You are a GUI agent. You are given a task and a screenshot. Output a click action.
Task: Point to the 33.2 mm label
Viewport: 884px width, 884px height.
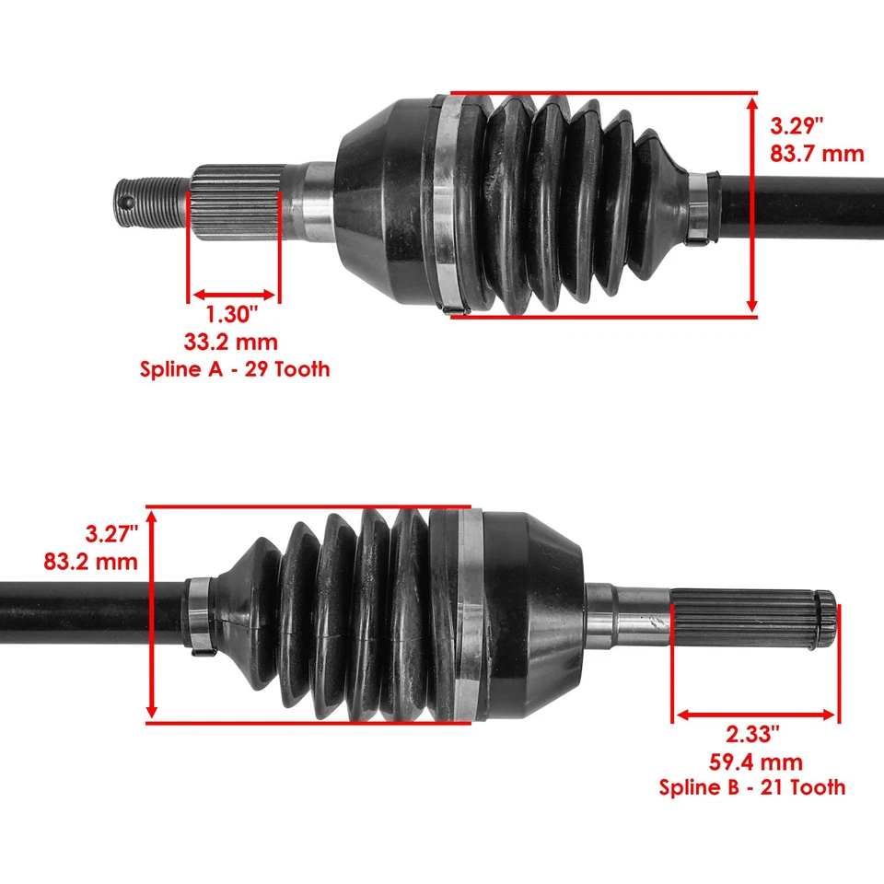[x=230, y=343]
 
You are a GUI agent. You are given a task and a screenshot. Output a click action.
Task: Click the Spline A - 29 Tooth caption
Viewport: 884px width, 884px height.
[x=235, y=370]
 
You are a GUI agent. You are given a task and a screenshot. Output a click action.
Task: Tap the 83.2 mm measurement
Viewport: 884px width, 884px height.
[x=90, y=561]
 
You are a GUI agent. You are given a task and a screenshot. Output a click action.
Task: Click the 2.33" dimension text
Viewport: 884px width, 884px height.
[x=753, y=734]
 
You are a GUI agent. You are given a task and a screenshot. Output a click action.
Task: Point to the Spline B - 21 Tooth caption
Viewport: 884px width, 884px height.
[x=751, y=787]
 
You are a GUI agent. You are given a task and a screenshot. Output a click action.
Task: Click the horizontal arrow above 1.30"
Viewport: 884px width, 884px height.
[x=233, y=295]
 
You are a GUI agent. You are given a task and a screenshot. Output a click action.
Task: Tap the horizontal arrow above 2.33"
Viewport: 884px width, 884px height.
[x=755, y=715]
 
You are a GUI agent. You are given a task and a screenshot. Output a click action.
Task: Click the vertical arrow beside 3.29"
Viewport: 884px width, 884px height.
[x=752, y=204]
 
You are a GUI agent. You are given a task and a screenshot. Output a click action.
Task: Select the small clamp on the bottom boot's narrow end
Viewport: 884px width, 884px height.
[x=201, y=615]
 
